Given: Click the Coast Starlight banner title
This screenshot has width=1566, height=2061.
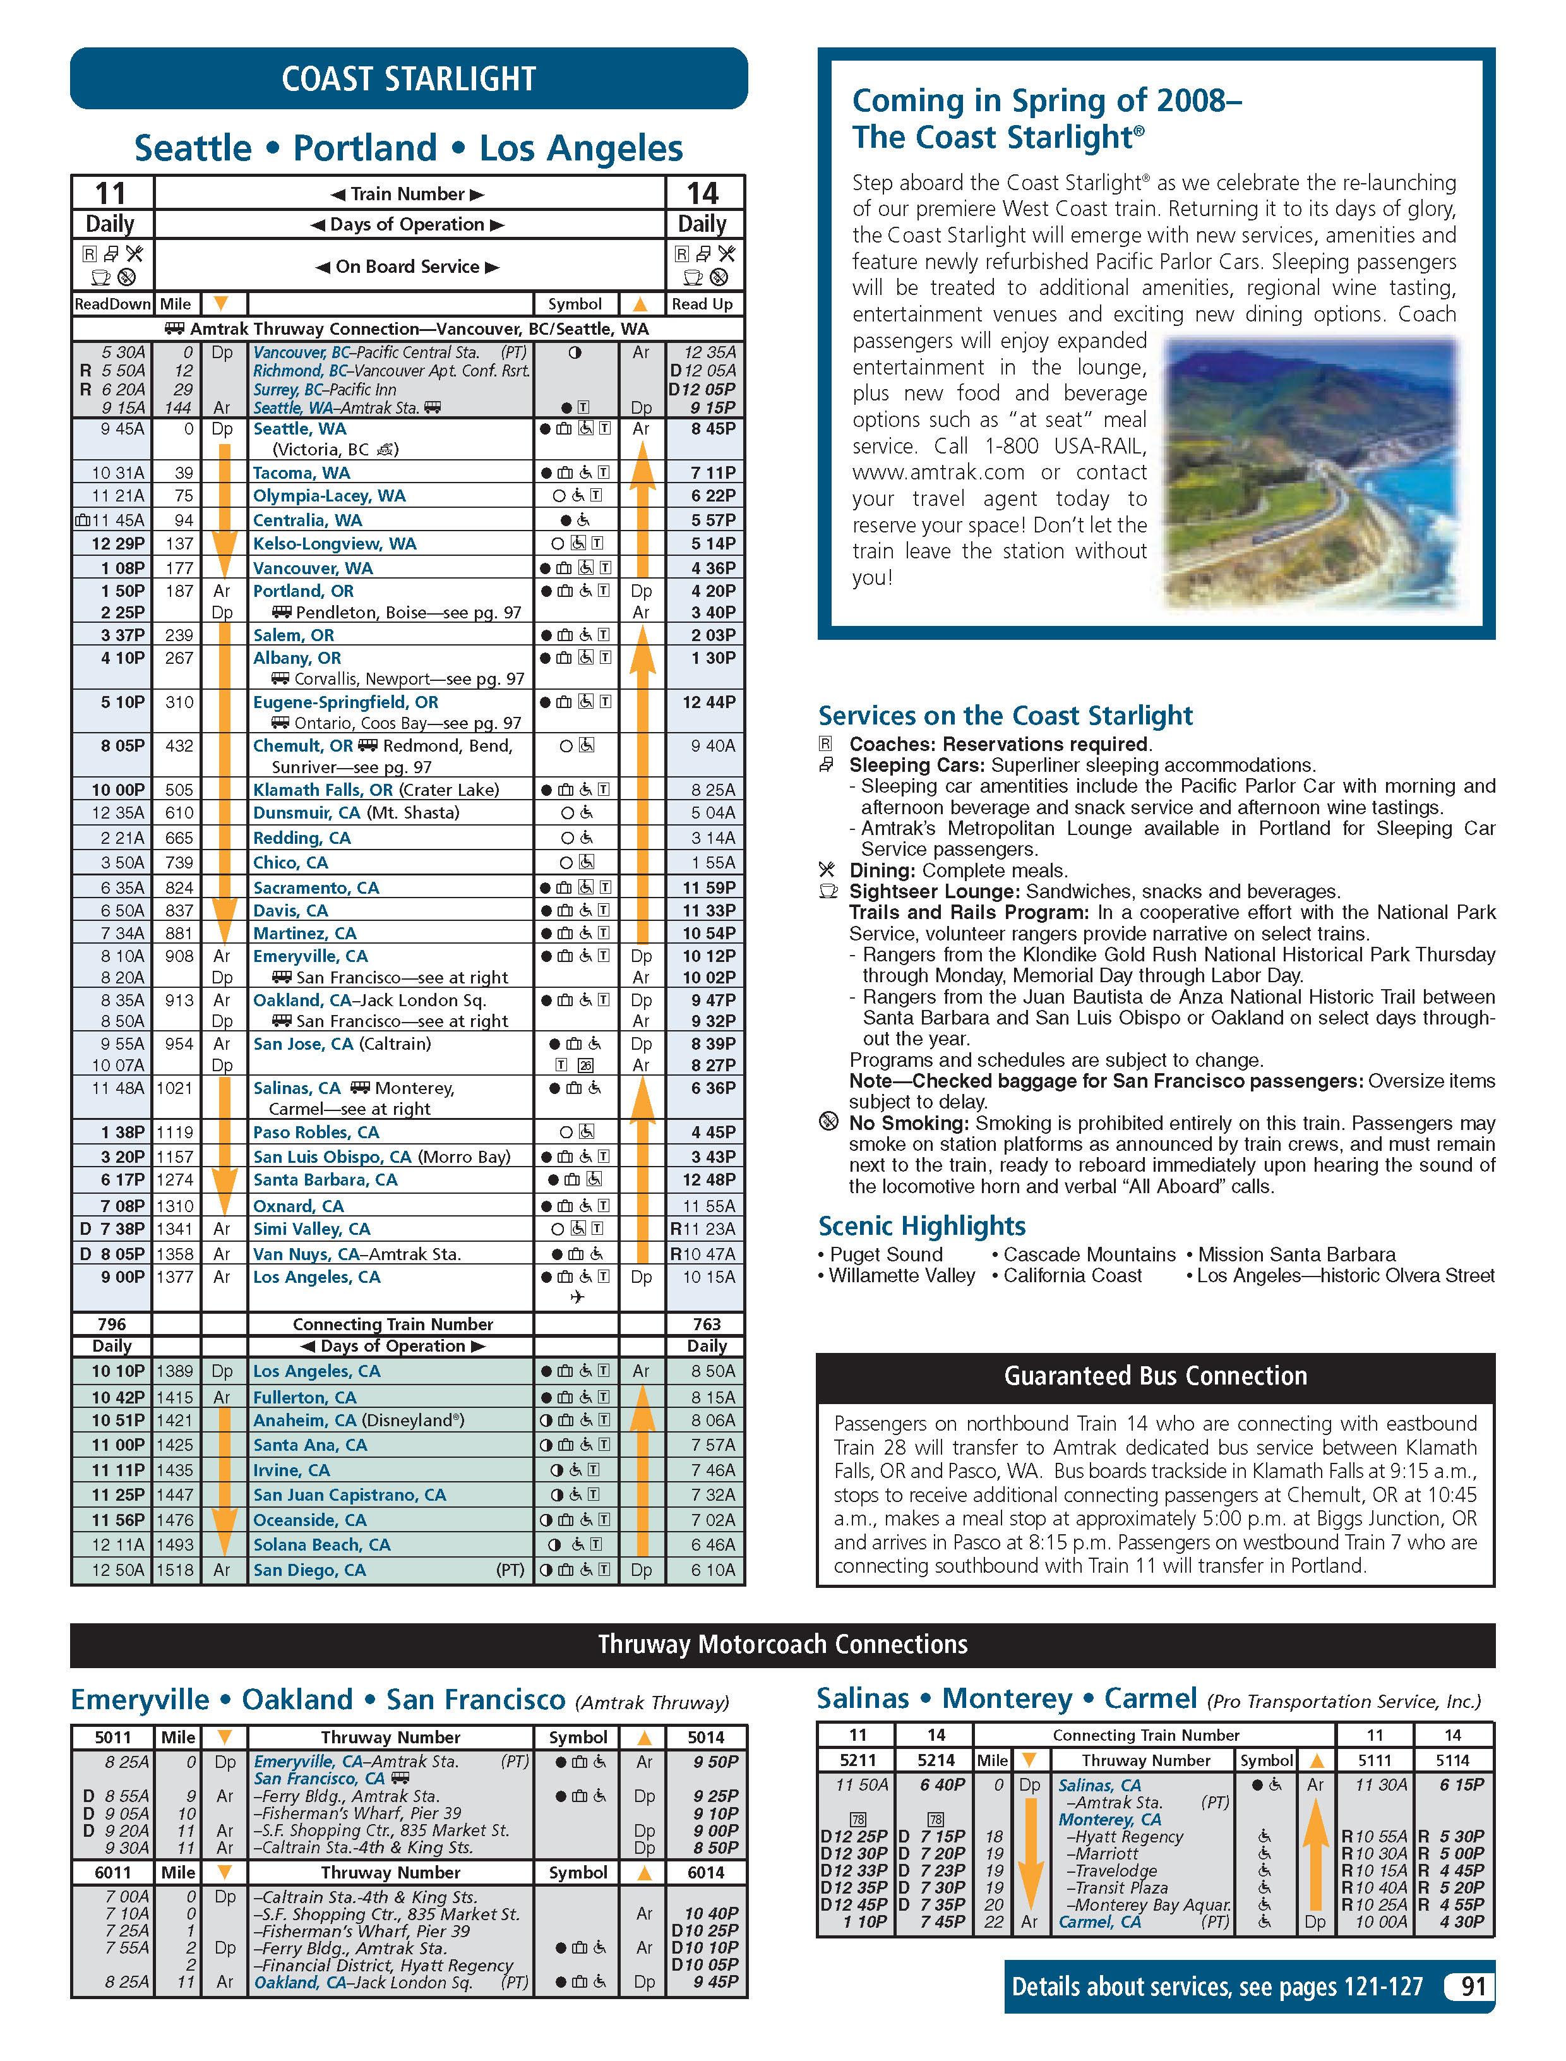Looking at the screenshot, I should pyautogui.click(x=409, y=78).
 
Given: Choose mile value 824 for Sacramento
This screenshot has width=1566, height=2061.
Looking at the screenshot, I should pyautogui.click(x=178, y=887).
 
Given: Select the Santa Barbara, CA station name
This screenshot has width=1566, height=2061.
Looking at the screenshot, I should pyautogui.click(x=325, y=1179).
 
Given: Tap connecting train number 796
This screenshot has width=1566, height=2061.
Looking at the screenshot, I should pyautogui.click(x=111, y=1324).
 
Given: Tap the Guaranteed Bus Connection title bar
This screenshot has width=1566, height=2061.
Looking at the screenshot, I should pyautogui.click(x=1155, y=1376).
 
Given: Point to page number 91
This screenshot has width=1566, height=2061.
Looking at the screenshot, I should pyautogui.click(x=1472, y=1986).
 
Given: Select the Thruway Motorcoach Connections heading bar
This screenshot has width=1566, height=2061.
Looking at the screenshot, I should pyautogui.click(x=782, y=1644).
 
